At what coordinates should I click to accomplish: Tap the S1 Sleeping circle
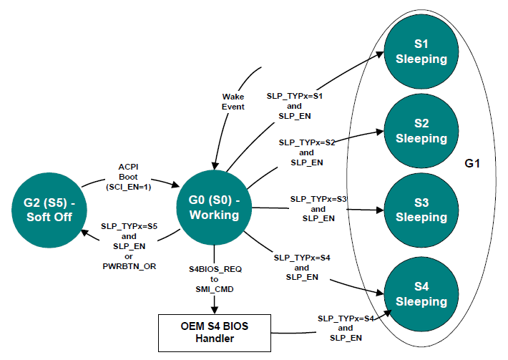[421, 52]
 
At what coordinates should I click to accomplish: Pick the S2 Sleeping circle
[421, 130]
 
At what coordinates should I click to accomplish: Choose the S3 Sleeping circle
[421, 209]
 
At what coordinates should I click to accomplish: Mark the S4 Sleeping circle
[421, 293]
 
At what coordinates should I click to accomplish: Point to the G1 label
[472, 164]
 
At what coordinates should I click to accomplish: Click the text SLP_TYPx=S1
[295, 94]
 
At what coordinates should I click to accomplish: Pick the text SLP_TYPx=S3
[318, 198]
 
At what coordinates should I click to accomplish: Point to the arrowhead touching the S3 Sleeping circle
[380, 210]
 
